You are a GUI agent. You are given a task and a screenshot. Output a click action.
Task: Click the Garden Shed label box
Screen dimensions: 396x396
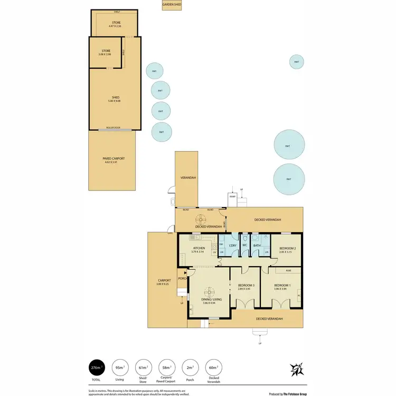pyautogui.click(x=172, y=4)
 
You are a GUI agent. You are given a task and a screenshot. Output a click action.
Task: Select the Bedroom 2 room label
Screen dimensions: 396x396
pyautogui.click(x=287, y=248)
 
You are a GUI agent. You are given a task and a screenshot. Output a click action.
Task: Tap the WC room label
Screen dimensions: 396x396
pyautogui.click(x=244, y=246)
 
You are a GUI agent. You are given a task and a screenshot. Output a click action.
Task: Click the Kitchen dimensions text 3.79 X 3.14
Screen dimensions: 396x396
pyautogui.click(x=199, y=251)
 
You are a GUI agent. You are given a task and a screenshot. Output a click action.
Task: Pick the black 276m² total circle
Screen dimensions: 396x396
pyautogui.click(x=96, y=367)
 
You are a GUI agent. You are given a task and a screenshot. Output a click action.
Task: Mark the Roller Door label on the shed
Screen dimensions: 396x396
pyautogui.click(x=113, y=127)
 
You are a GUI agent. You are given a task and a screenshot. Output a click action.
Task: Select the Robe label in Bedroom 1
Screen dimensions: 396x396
pyautogui.click(x=288, y=270)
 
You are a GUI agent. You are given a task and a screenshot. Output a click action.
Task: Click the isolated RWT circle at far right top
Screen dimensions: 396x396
pyautogui.click(x=296, y=62)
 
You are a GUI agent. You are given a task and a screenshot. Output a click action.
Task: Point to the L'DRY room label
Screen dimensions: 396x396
pyautogui.click(x=232, y=246)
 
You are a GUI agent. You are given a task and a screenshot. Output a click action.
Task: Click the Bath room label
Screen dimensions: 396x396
pyautogui.click(x=257, y=246)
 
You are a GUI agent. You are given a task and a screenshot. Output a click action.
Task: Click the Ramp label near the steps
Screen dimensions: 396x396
pyautogui.click(x=232, y=196)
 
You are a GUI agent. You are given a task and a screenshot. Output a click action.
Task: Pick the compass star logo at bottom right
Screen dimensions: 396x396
pyautogui.click(x=297, y=369)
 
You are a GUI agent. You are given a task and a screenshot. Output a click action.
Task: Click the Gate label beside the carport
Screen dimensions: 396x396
pyautogui.click(x=170, y=233)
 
